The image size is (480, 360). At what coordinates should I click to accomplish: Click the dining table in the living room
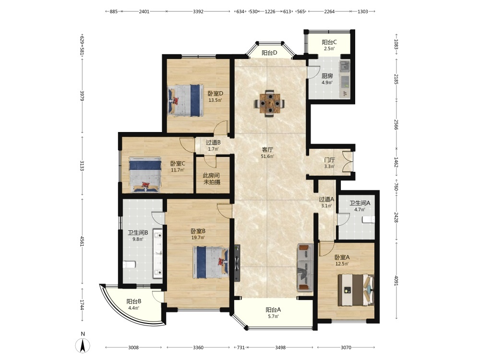coord(269,104)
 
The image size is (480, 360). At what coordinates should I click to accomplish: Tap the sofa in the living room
coord(305,267)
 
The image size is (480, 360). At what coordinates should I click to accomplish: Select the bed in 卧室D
coord(185,100)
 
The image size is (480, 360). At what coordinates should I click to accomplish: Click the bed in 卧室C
coord(145,175)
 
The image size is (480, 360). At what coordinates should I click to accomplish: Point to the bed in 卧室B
coord(211,263)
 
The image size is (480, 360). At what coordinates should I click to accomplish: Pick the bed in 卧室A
coord(356,290)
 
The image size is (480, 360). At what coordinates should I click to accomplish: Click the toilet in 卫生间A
coord(368,219)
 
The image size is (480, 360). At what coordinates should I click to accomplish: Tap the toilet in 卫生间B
coord(129,264)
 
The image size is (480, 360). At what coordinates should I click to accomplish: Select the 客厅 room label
coord(267,150)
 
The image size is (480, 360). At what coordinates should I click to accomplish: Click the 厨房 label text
coord(327,76)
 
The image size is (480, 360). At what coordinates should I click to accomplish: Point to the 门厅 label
coord(329,160)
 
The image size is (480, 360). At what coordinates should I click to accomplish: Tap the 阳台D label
coord(269,53)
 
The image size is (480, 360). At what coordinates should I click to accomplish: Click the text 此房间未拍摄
coord(212,179)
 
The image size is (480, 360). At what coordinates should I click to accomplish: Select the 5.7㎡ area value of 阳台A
coord(273,316)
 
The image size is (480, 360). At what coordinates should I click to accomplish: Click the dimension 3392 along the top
coord(198,12)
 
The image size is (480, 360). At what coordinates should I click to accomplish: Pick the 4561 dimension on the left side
coord(82,241)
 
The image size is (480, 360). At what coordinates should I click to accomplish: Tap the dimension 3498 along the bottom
coord(280,348)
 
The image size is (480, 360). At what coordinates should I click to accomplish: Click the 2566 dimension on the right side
coord(396,125)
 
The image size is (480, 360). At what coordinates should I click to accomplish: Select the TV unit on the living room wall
coord(237,263)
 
